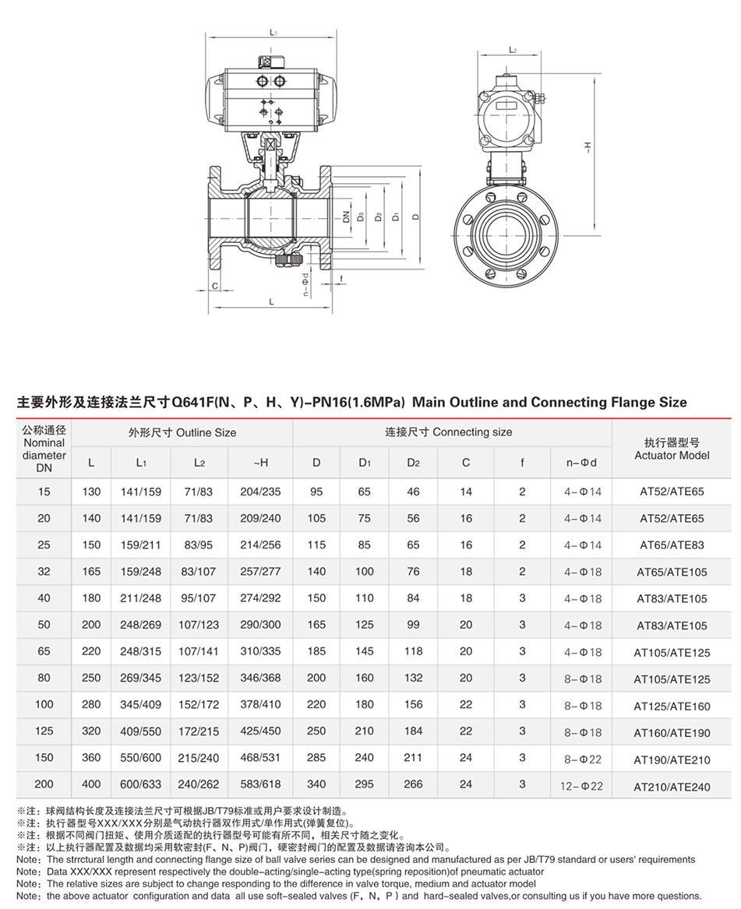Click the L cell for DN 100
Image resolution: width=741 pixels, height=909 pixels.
(91, 704)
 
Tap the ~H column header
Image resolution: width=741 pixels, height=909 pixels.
(260, 463)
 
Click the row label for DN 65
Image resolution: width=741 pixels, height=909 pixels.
(44, 651)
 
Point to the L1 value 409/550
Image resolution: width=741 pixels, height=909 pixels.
(141, 731)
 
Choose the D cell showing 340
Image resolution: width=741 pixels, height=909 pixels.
(316, 784)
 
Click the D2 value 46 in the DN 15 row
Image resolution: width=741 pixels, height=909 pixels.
(413, 491)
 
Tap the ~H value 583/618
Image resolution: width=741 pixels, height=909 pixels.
(260, 784)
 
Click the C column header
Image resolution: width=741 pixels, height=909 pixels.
(466, 463)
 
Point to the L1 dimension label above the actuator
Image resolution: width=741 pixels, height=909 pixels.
(273, 33)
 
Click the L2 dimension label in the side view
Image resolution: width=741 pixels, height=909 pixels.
(513, 49)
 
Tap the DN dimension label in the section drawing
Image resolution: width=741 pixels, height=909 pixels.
(342, 216)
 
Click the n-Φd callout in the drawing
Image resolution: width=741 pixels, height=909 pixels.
(306, 284)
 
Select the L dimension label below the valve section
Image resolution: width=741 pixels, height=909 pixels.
(271, 301)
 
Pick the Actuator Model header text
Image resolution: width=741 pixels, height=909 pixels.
(672, 456)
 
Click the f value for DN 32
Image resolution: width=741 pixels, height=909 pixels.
(522, 571)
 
